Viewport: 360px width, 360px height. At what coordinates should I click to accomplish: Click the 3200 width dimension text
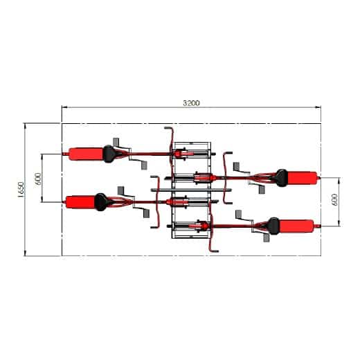point(191,103)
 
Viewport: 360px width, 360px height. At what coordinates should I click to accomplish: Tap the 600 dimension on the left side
point(39,177)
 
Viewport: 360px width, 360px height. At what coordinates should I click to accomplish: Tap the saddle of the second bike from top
point(281,177)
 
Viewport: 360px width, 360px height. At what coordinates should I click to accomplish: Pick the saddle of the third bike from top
point(101,201)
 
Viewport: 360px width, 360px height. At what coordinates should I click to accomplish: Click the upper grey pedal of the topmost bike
point(123,142)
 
